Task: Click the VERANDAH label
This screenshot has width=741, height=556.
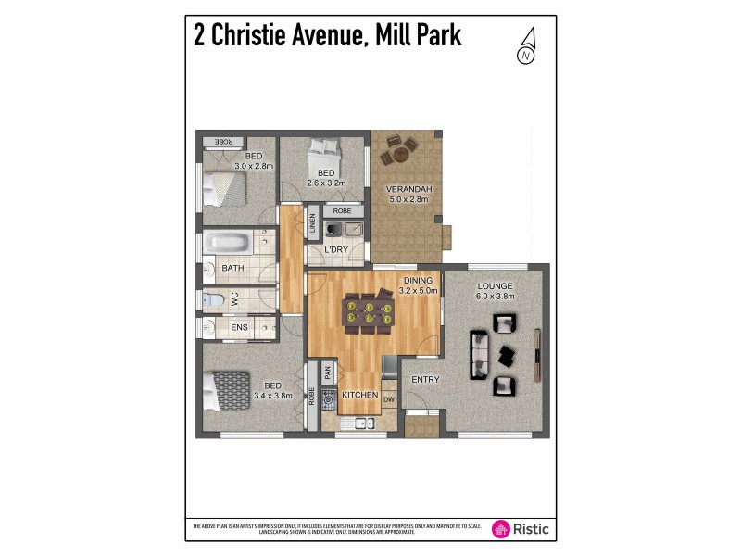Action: coord(408,191)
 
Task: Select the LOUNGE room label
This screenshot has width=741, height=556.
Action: coord(495,285)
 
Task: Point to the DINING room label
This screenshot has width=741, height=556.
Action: coord(417,280)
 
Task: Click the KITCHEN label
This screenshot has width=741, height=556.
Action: coord(359,396)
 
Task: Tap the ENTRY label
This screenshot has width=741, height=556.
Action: coord(425,379)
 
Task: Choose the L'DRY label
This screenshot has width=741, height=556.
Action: coord(335,250)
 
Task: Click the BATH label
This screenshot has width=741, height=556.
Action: coord(232,269)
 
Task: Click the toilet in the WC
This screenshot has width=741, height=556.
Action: coord(211,299)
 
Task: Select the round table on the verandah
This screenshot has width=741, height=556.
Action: coord(401,148)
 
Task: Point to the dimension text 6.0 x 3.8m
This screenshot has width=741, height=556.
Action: coord(496,296)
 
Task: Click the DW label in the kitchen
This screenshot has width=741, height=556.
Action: coord(389,400)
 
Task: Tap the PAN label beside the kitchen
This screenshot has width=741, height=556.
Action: coord(327,373)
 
